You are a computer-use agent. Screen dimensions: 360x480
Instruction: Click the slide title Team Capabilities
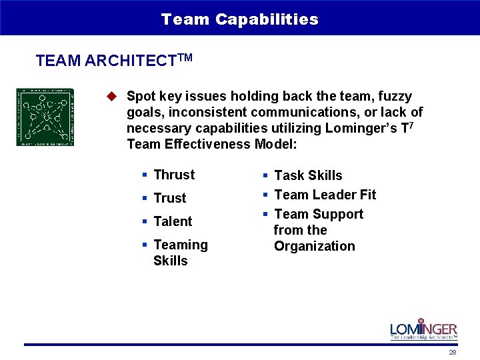(239, 19)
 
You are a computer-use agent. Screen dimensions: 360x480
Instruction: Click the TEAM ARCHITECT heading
(106, 61)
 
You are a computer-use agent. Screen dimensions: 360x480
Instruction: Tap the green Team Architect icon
(45, 117)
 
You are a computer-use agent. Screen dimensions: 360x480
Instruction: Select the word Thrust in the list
(174, 175)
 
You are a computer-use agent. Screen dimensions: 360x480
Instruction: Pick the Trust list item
(170, 198)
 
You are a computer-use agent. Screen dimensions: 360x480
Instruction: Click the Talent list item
(173, 221)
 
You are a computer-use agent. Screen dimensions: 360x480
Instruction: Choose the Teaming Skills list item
(180, 253)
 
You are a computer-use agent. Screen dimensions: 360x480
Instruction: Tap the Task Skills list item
(308, 175)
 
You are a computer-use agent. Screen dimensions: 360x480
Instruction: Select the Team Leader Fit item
(325, 195)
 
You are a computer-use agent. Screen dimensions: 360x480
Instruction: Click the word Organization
(314, 246)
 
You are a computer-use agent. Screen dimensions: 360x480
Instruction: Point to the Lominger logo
(423, 327)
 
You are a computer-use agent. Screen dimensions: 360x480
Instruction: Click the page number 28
(453, 353)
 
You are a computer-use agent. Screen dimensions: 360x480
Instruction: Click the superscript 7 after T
(414, 124)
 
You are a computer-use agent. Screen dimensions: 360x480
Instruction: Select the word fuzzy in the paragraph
(395, 96)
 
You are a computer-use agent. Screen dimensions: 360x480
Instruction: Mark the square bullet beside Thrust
(144, 175)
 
